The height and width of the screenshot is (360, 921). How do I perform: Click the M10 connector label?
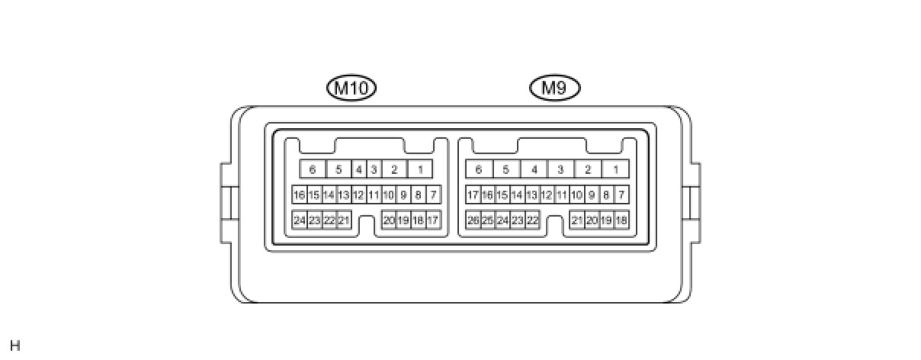point(351,88)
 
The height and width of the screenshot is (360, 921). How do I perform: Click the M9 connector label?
point(554,88)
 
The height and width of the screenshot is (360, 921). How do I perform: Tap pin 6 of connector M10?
point(312,169)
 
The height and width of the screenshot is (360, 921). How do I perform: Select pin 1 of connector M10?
point(420,169)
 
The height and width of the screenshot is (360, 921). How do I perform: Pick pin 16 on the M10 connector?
point(299,195)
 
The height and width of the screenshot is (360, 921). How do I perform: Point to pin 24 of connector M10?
point(300,220)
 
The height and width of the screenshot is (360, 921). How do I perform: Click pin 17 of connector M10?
point(433,220)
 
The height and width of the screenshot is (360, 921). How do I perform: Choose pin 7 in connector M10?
point(433,195)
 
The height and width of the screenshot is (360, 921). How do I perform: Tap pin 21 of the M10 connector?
point(344,220)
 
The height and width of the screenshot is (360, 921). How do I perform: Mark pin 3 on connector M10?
point(374,169)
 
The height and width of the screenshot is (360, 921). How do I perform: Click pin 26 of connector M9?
point(473,220)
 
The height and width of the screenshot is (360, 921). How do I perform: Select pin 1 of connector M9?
point(615,169)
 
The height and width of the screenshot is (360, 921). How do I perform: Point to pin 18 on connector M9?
point(621,220)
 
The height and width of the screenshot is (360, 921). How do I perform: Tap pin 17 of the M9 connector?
point(473,195)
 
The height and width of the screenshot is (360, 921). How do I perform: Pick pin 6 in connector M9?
point(479,169)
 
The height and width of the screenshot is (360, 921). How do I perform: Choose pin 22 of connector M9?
point(532,220)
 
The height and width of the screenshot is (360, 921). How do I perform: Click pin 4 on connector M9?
point(534,169)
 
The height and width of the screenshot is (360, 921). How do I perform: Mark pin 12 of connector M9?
point(547,195)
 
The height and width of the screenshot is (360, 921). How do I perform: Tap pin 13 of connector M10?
point(344,195)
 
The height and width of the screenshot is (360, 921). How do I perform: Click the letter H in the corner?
point(15,346)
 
